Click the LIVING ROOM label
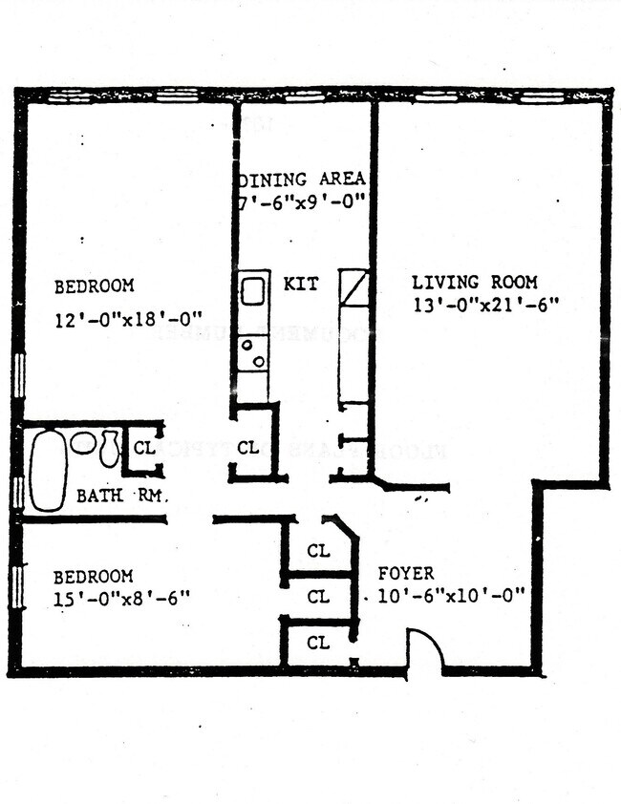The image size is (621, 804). [474, 283]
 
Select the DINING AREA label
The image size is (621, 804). [302, 180]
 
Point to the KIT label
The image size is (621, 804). [301, 284]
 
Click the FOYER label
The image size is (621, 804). [405, 574]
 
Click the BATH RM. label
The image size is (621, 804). [121, 497]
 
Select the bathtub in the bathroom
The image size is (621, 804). [47, 470]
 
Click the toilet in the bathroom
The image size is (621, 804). [109, 448]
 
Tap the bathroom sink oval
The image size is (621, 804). [83, 442]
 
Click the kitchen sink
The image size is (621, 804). [252, 289]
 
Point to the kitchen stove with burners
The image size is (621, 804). [252, 353]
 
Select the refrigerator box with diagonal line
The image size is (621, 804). [353, 287]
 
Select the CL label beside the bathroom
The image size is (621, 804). [144, 447]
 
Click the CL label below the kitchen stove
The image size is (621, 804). [247, 447]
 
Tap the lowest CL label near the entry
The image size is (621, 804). [318, 644]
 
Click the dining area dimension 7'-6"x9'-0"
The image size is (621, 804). [302, 201]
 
